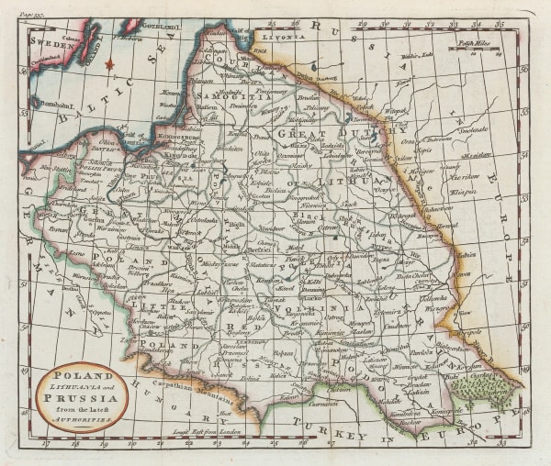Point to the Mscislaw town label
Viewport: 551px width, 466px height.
[x=477, y=155]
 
